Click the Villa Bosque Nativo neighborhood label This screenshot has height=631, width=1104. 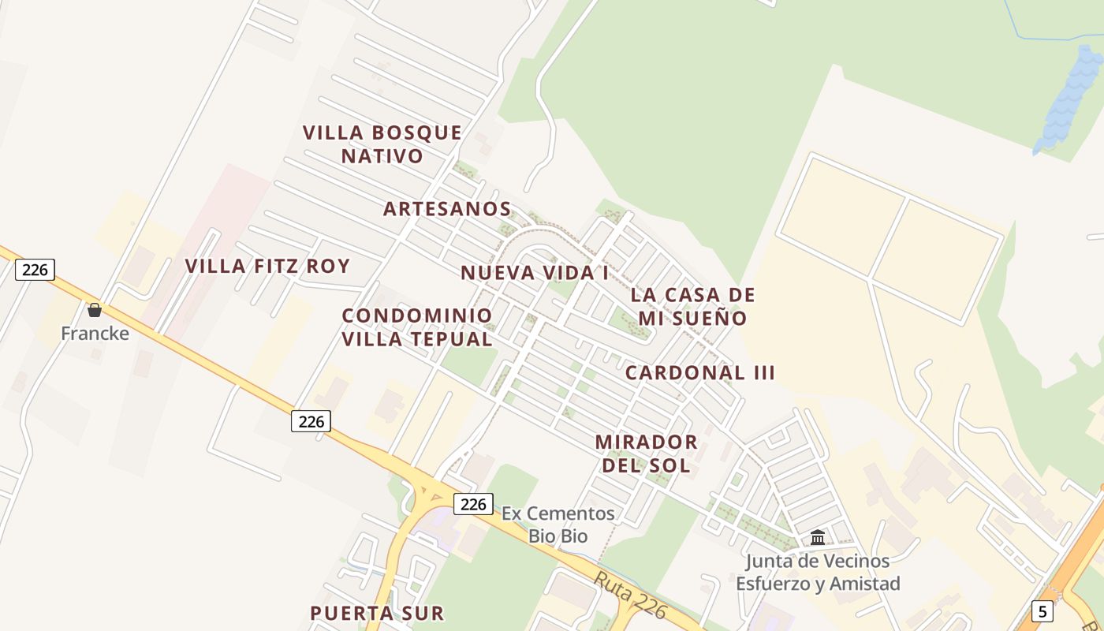382,144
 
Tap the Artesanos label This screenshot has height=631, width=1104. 447,209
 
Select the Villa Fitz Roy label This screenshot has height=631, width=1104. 267,266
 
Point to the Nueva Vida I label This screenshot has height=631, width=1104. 535,273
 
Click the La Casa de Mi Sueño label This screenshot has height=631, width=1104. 692,306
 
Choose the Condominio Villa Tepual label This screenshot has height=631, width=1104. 417,327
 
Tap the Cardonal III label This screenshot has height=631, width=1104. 700,372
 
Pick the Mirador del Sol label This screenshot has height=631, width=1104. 646,453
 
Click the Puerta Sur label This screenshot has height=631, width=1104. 377,613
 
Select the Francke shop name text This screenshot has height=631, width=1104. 95,333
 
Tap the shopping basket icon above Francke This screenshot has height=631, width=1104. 95,310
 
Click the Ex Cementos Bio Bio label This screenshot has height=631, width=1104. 558,525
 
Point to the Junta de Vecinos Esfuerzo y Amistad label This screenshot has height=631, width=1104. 818,573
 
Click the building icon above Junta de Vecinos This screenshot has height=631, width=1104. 818,538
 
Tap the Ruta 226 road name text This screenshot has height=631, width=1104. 630,596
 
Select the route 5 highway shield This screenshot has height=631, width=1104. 1042,610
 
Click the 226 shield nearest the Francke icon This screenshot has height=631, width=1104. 35,270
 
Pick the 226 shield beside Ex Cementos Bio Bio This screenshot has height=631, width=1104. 473,503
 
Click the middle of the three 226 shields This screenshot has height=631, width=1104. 311,421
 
